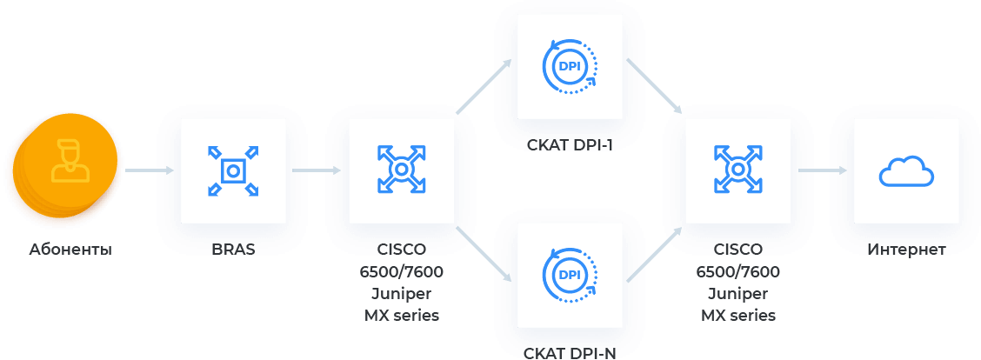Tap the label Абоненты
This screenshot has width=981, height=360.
70,250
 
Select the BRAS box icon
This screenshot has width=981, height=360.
233,170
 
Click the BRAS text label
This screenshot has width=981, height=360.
233,250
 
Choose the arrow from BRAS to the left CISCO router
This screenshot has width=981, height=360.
315,170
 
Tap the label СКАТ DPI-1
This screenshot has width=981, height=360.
570,144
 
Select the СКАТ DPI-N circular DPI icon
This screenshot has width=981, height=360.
570,275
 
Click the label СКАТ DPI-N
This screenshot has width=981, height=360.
570,352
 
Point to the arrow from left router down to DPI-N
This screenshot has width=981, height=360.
484,254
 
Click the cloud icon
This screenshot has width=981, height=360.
906,171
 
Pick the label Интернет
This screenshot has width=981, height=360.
906,250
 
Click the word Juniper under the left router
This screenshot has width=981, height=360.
401,293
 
